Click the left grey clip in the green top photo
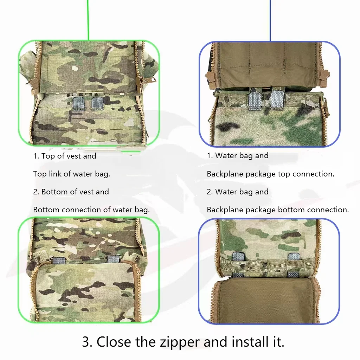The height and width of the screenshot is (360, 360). point(79,103)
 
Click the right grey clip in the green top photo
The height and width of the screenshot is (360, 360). point(98,103)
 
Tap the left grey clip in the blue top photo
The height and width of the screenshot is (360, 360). point(255,100)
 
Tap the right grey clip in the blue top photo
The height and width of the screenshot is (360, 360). point(277,99)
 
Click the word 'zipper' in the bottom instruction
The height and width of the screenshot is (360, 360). point(180,342)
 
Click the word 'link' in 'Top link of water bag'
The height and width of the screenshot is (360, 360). point(55,174)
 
